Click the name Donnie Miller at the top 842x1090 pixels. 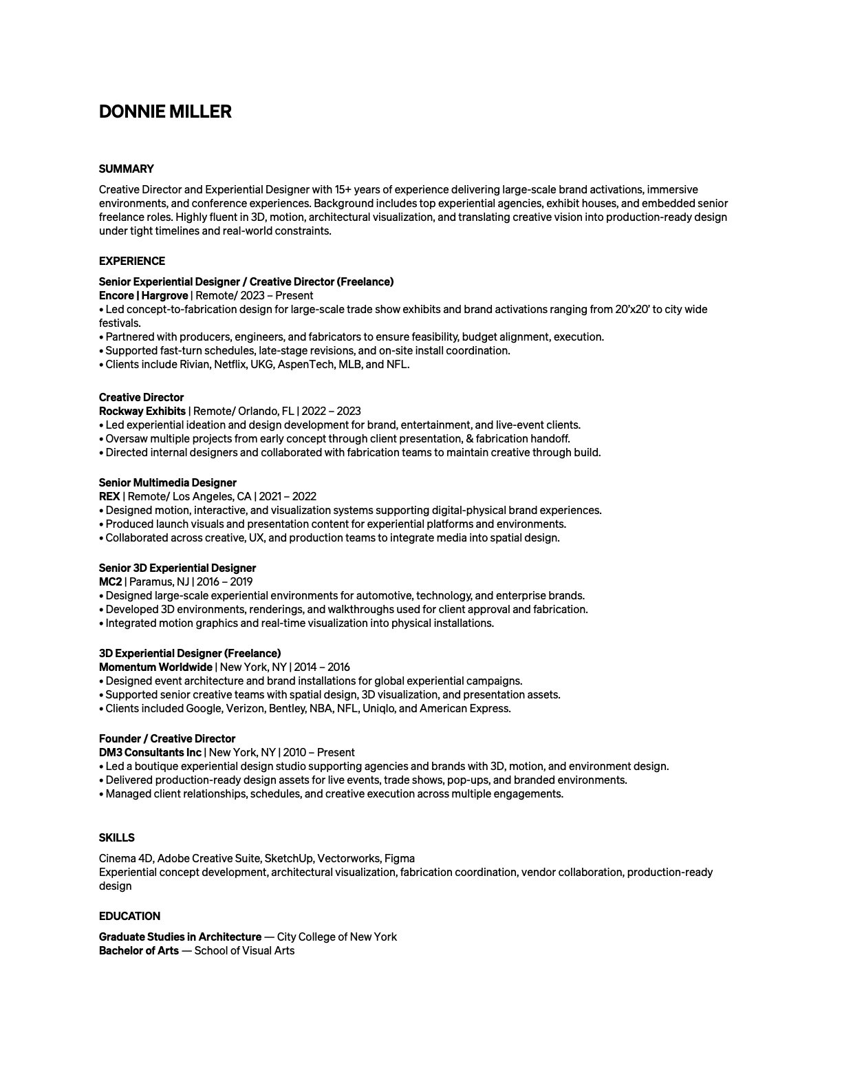[x=165, y=111]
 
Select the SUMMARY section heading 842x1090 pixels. [x=127, y=169]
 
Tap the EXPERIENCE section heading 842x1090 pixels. [x=132, y=261]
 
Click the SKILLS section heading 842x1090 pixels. [x=117, y=838]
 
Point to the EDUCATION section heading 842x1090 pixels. [x=129, y=917]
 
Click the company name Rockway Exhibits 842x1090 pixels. [x=142, y=412]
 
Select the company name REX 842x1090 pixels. [x=109, y=497]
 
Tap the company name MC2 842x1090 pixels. [x=110, y=582]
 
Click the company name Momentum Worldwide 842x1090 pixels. [x=155, y=667]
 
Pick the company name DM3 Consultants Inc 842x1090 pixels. [x=150, y=753]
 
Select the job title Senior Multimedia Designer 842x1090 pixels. [x=168, y=483]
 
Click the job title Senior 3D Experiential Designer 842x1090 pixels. [x=177, y=568]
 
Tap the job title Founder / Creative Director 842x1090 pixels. [x=167, y=739]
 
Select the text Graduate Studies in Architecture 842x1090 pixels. [x=180, y=937]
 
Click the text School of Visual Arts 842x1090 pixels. [x=244, y=951]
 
